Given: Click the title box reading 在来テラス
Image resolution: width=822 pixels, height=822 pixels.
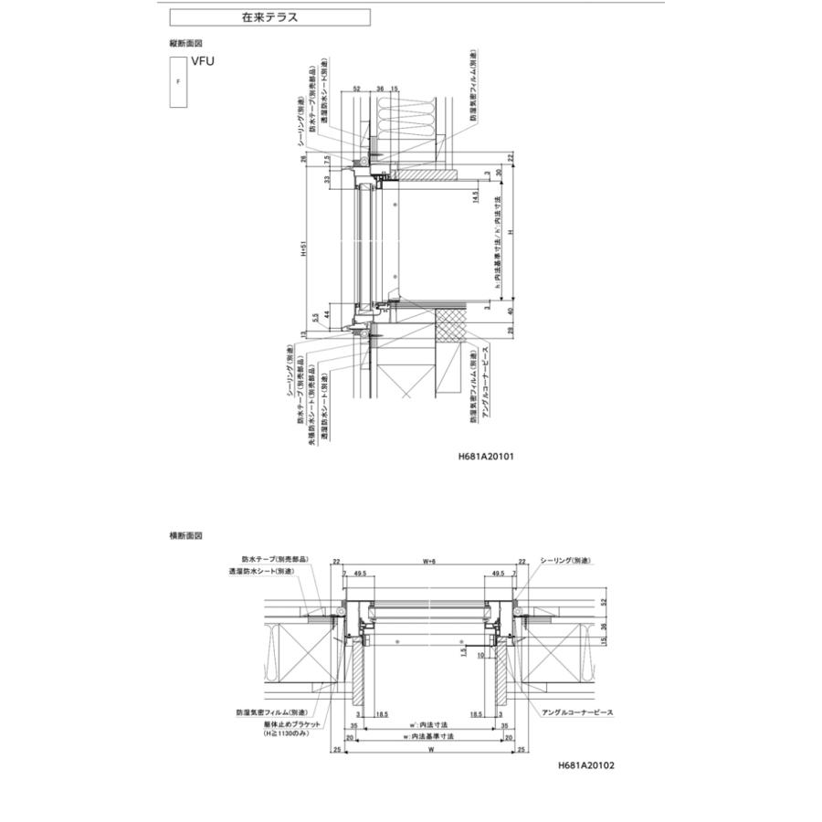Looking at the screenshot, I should point(269,17).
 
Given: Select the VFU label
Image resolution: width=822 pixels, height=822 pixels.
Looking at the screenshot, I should point(202,62).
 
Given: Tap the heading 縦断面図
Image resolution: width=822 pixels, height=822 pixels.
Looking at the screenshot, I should point(185,42).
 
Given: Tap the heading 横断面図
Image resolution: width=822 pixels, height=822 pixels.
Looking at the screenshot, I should point(185,536).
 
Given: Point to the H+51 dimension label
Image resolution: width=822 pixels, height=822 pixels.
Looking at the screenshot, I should point(303,250).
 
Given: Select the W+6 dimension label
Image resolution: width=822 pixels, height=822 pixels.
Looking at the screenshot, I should point(428,562).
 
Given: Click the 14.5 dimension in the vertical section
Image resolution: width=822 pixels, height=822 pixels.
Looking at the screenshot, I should point(476,199).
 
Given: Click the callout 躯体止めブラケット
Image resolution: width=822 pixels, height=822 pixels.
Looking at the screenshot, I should point(271,723).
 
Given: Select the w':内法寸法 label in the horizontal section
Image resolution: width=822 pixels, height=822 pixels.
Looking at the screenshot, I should point(427,724).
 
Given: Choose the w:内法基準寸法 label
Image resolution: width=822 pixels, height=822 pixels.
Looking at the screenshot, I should point(427,736).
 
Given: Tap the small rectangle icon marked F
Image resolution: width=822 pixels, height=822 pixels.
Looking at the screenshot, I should point(178,81).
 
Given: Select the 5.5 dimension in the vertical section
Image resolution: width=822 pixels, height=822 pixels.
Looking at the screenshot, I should point(314,320).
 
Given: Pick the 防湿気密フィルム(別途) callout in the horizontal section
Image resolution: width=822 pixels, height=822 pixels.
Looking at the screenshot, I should point(270,712).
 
